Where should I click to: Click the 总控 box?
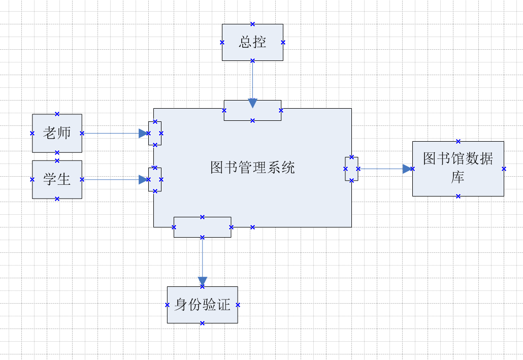[252, 42]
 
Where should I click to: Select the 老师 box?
[57, 133]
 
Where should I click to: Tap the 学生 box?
[57, 179]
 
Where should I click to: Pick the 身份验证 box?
[202, 305]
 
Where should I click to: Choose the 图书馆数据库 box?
[458, 169]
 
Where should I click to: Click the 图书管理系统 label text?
[252, 168]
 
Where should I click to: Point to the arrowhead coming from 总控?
[252, 103]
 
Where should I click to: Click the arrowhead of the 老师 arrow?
[143, 133]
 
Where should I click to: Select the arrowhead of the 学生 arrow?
[143, 179]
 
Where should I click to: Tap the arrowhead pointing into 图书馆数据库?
[407, 169]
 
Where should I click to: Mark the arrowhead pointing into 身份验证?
[202, 281]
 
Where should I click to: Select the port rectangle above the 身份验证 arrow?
[202, 227]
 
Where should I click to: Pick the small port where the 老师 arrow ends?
[155, 133]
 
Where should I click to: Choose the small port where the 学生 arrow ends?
[155, 179]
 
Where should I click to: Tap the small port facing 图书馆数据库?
[351, 169]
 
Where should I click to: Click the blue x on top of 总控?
[252, 24]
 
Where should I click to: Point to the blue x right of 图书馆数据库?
[504, 169]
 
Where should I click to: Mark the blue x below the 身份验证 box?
[202, 323]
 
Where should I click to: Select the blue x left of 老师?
[32, 133]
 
